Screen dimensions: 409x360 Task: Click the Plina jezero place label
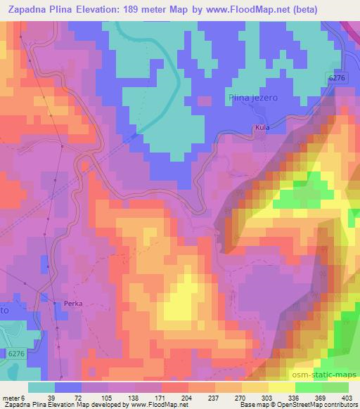tap(252, 98)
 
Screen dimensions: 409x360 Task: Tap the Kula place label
tap(262, 129)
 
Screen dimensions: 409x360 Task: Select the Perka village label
tap(73, 304)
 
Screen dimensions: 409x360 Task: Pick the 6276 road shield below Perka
tap(15, 353)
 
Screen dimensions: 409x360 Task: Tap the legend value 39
tap(51, 397)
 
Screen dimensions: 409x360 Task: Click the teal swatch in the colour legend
tap(41, 387)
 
